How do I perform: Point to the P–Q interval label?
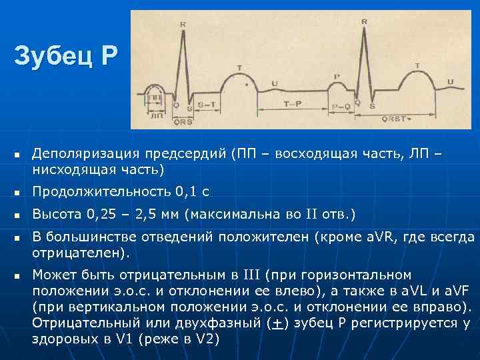341,105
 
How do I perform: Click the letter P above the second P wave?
337,77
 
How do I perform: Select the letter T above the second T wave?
417,65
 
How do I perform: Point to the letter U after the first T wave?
275,83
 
